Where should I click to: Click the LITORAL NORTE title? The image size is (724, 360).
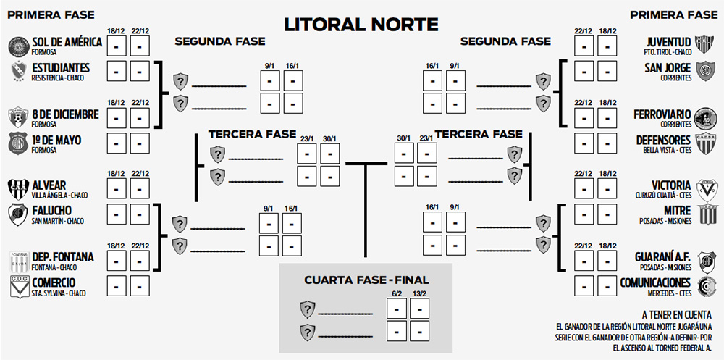(361, 25)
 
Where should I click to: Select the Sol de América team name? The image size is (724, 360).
(67, 43)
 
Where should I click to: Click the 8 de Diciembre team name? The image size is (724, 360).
(65, 114)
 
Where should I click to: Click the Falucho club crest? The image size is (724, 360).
(17, 214)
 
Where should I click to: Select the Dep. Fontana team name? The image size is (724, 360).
(63, 256)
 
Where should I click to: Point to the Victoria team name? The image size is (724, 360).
(670, 185)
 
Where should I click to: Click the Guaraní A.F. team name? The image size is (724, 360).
(663, 256)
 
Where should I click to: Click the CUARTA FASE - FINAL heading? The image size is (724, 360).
(366, 280)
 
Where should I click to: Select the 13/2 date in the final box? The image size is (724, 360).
(419, 293)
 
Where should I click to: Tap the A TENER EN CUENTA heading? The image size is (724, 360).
(676, 314)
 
